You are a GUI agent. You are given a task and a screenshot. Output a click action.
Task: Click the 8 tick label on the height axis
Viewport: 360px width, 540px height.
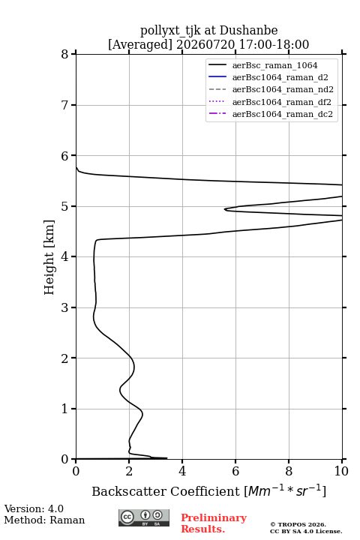click(x=65, y=54)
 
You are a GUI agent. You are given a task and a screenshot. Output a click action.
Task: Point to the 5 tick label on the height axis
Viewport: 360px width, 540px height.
click(x=65, y=206)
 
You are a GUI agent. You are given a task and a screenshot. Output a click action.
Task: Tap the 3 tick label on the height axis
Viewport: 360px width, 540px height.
click(x=65, y=307)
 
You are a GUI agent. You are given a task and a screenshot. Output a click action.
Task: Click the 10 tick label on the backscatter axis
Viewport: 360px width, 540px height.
click(x=341, y=471)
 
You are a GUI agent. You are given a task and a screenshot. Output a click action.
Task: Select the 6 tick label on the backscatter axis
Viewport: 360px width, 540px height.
click(x=235, y=471)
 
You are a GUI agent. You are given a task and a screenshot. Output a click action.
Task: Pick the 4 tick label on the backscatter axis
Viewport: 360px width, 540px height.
click(x=182, y=471)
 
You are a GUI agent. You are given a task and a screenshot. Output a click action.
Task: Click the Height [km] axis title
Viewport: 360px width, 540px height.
click(x=49, y=257)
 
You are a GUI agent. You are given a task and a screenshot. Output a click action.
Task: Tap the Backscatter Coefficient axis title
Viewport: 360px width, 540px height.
click(x=208, y=490)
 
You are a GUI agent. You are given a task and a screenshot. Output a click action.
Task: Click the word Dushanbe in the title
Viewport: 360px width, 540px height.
click(x=249, y=31)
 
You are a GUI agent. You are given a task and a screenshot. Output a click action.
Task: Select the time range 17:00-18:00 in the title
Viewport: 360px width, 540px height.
click(x=273, y=45)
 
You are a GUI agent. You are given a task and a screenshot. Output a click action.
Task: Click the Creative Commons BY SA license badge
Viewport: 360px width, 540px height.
click(x=144, y=517)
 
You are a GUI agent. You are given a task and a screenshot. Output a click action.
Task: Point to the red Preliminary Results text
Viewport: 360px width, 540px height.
click(x=214, y=523)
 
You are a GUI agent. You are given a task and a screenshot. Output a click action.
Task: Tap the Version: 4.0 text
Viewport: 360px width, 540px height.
click(x=34, y=508)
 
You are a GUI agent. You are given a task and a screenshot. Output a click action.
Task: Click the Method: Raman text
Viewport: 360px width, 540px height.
click(x=44, y=520)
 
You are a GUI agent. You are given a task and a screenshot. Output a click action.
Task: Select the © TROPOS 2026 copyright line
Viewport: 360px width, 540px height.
click(x=298, y=524)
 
